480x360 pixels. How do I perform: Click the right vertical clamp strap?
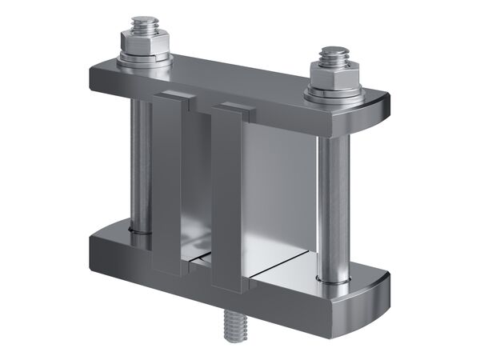(226, 200)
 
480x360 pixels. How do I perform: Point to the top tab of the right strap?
(234, 107)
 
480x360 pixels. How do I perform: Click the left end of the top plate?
(100, 76)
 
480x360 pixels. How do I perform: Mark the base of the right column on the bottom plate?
(332, 278)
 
